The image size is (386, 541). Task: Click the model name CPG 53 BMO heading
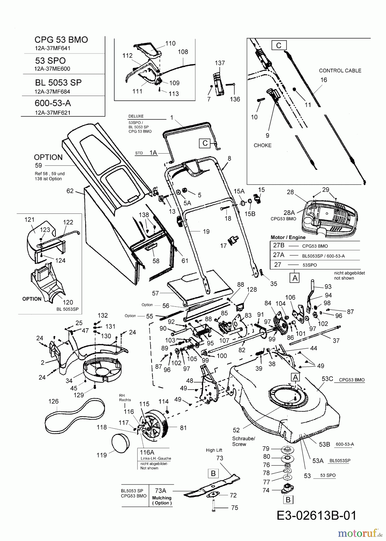(61, 40)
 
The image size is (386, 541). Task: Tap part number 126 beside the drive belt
(53, 401)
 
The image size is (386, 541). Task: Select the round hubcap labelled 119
(120, 444)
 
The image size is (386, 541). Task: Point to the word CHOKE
(263, 145)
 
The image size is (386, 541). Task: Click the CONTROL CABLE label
(340, 71)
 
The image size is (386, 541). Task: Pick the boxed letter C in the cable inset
(279, 45)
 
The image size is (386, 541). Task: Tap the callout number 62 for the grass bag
(70, 191)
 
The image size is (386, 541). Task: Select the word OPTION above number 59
(48, 157)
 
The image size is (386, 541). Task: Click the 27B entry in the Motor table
(278, 245)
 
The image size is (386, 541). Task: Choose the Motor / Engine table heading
(288, 237)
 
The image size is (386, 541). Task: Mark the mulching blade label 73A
(160, 491)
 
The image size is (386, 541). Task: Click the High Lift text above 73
(214, 450)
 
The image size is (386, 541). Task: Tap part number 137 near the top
(220, 63)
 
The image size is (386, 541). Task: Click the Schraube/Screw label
(243, 441)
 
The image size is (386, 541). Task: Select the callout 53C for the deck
(327, 379)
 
